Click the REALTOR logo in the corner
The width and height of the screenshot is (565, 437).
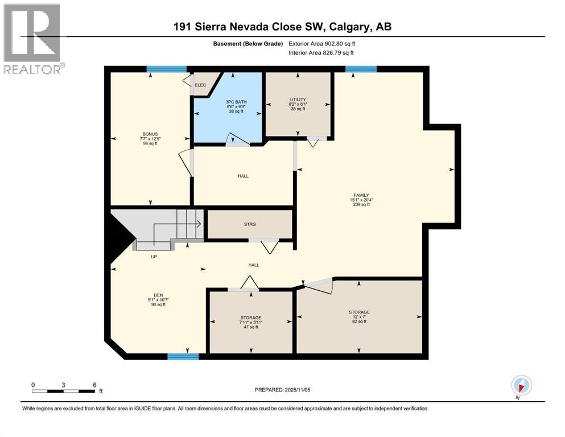click(33, 39)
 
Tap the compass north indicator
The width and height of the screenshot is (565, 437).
click(521, 385)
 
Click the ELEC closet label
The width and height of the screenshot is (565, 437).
click(200, 85)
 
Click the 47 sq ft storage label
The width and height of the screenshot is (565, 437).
click(250, 322)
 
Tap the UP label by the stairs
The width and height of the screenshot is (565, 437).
click(154, 257)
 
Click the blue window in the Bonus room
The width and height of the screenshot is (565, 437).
click(167, 69)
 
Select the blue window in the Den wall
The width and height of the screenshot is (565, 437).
click(183, 357)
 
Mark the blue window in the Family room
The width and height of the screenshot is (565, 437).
click(361, 69)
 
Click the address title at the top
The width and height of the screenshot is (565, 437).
click(282, 27)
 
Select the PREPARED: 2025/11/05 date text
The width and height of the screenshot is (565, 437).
click(282, 390)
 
